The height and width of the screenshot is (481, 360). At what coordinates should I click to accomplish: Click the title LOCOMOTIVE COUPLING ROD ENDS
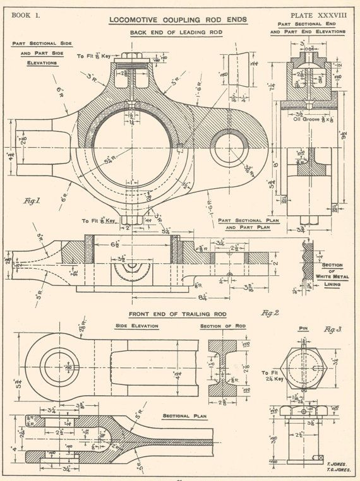(x=178, y=20)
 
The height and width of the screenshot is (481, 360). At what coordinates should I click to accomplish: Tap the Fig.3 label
(x=332, y=329)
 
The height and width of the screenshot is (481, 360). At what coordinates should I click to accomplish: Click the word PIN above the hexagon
(x=302, y=329)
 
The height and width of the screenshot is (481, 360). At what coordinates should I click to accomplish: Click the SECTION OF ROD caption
(x=222, y=326)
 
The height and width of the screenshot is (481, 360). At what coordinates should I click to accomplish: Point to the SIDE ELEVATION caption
(x=136, y=326)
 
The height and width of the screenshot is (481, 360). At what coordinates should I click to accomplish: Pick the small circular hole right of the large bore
(x=226, y=150)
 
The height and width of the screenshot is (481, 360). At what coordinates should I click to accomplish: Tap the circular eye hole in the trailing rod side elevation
(x=63, y=365)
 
